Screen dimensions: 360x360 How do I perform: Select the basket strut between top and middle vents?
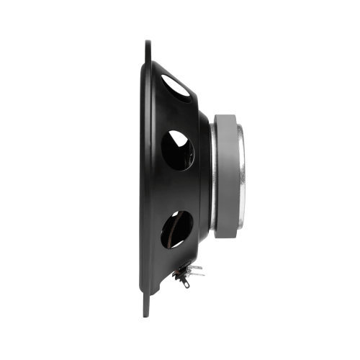point(180,115)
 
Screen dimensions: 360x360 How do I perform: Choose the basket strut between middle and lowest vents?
point(180,189)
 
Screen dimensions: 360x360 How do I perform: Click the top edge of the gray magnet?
point(227,115)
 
